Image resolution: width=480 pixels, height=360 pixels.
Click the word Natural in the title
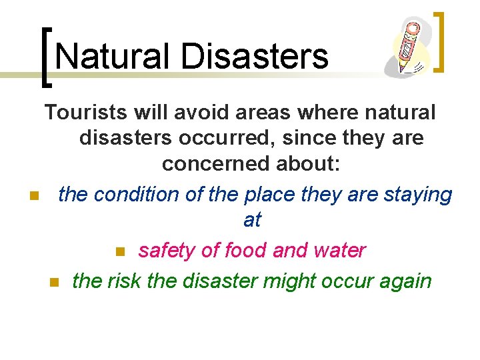(111, 56)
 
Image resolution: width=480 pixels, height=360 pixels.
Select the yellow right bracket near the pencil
(439, 41)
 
